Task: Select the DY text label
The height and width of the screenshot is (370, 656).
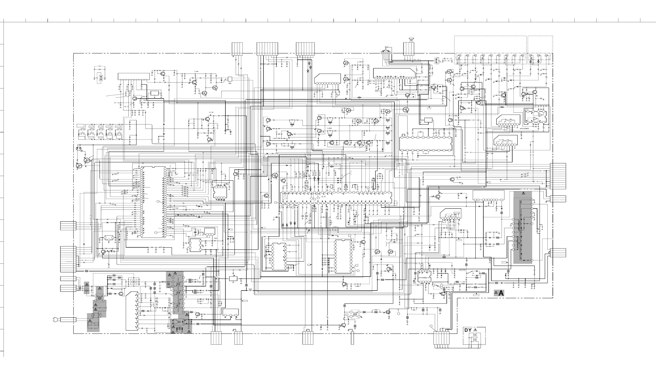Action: coord(468,330)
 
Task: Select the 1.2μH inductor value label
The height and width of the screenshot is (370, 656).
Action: coord(196,71)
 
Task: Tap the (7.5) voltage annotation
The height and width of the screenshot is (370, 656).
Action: coord(211,112)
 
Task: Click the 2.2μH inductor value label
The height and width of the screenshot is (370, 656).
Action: coord(364,123)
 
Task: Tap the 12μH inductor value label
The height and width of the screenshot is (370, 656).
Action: coord(274,138)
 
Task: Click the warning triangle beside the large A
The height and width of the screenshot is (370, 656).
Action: coord(496,293)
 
